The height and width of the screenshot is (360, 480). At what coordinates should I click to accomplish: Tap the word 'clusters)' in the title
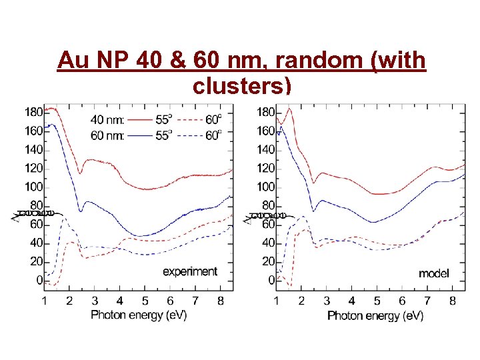(x=241, y=85)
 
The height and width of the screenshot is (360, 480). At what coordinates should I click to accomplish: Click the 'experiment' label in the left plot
(x=190, y=271)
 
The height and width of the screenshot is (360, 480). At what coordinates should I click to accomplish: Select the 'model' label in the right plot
(x=433, y=273)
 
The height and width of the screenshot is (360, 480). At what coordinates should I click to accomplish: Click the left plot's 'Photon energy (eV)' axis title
(x=139, y=315)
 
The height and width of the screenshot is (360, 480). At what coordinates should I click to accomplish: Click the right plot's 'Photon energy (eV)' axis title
(x=375, y=315)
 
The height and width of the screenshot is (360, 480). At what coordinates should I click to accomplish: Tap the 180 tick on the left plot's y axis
(x=33, y=112)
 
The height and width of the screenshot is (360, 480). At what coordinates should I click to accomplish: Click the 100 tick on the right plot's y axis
(x=266, y=187)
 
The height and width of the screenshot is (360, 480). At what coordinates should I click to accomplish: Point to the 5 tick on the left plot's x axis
(x=145, y=301)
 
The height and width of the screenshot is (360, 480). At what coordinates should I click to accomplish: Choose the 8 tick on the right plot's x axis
(x=453, y=301)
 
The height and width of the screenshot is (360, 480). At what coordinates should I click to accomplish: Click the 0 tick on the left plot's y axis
(x=39, y=280)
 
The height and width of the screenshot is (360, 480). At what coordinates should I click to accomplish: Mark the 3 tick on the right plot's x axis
(x=327, y=301)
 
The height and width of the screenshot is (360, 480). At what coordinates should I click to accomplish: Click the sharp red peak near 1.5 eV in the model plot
(x=289, y=109)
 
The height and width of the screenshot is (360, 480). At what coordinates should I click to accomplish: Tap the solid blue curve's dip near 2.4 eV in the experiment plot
(x=81, y=211)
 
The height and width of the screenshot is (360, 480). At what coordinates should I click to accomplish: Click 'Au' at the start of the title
(x=70, y=61)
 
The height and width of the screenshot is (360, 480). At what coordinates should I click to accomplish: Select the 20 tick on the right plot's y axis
(x=269, y=261)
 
